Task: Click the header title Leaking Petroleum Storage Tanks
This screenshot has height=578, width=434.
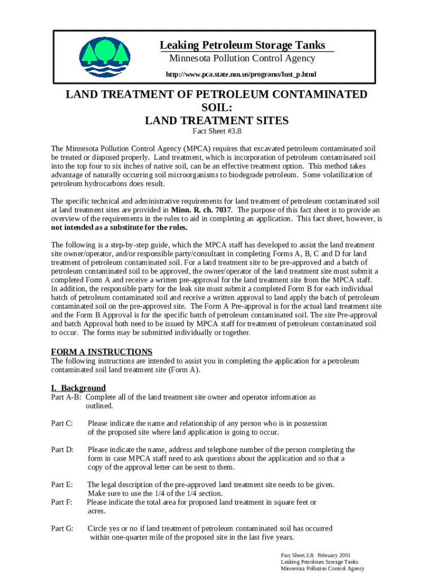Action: [x=242, y=45]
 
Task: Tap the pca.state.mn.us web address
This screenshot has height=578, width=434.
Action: [x=241, y=75]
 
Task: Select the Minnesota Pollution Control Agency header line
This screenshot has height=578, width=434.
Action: [x=242, y=59]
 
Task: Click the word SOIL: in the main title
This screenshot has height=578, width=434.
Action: [x=217, y=107]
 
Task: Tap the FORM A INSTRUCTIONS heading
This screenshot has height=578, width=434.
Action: [x=101, y=352]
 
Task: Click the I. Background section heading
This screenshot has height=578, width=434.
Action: [x=78, y=388]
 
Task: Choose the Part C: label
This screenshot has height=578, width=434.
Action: [x=62, y=423]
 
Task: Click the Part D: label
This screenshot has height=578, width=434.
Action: [x=62, y=449]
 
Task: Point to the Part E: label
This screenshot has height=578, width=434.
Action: [x=62, y=484]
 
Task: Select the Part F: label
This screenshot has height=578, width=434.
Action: [x=62, y=502]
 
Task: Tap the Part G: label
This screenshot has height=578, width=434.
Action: [x=62, y=528]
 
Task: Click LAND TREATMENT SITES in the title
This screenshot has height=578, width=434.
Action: [x=217, y=120]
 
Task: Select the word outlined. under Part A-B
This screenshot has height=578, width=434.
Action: [x=99, y=406]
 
